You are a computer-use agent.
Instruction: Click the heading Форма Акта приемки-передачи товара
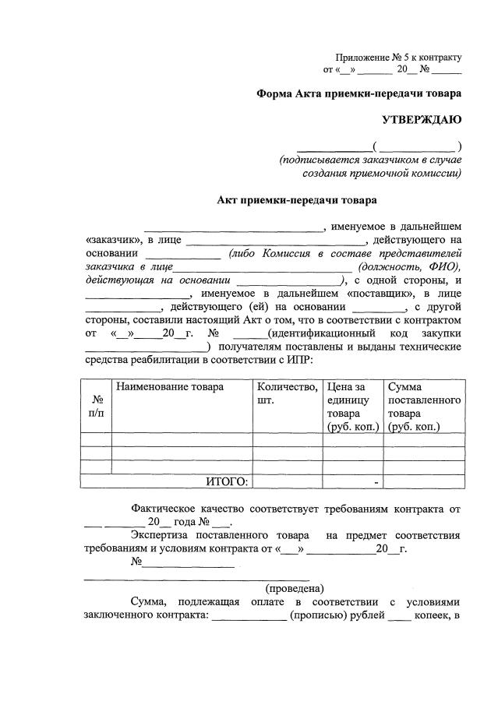359,93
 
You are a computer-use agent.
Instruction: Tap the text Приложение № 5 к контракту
398,57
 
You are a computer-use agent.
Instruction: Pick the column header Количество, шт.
287,393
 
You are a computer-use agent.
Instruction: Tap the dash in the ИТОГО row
376,482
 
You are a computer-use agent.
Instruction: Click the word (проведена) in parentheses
295,588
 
